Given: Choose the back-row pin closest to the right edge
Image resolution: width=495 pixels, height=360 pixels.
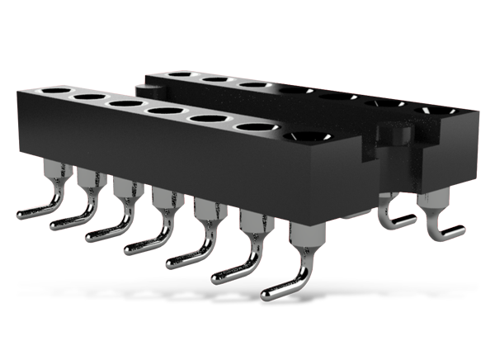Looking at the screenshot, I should click(x=434, y=216).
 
